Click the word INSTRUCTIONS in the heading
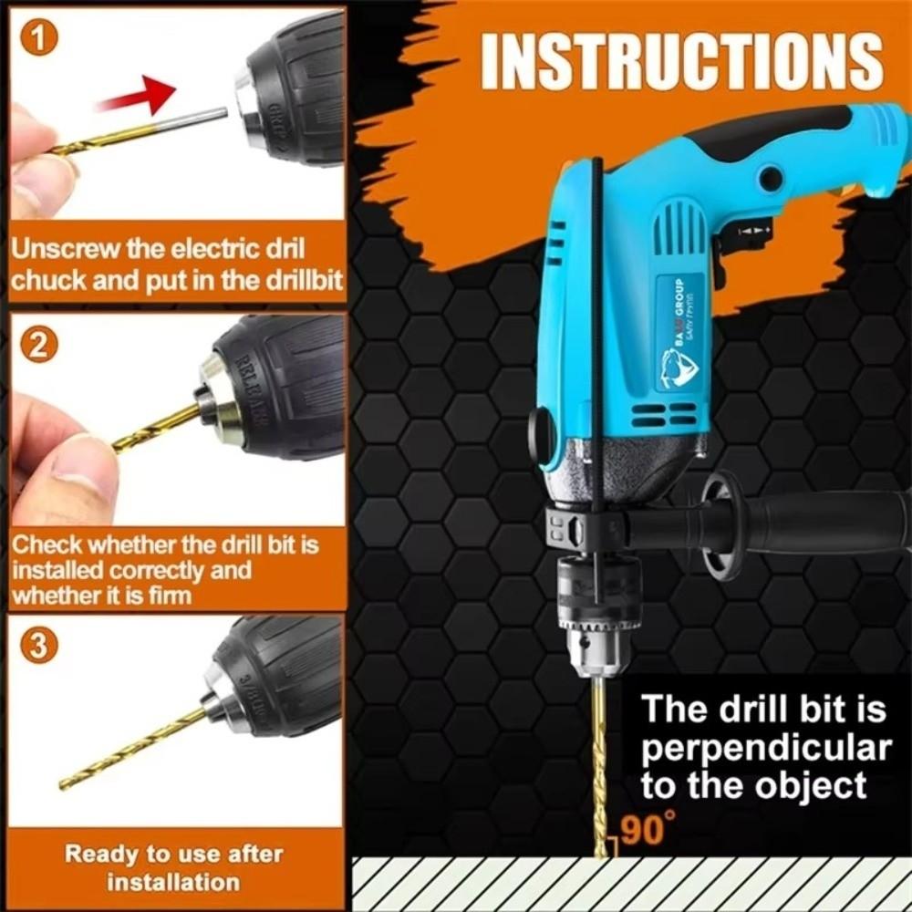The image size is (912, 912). pyautogui.click(x=681, y=62)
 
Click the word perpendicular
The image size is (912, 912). pyautogui.click(x=766, y=748)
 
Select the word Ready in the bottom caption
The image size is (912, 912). pyautogui.click(x=102, y=855)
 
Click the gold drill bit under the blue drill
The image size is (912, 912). pyautogui.click(x=599, y=766)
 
